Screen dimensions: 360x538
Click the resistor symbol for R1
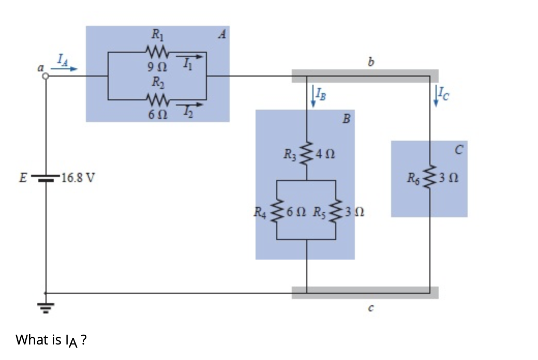coord(156,52)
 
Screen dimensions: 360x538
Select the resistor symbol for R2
coord(156,98)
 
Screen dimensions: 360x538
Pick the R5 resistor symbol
coord(337,211)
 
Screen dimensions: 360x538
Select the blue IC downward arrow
coord(436,97)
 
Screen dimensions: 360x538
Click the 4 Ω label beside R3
coord(327,154)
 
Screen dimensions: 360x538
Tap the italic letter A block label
coord(222,35)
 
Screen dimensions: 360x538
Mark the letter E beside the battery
coord(22,179)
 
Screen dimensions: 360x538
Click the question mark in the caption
coord(84,340)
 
